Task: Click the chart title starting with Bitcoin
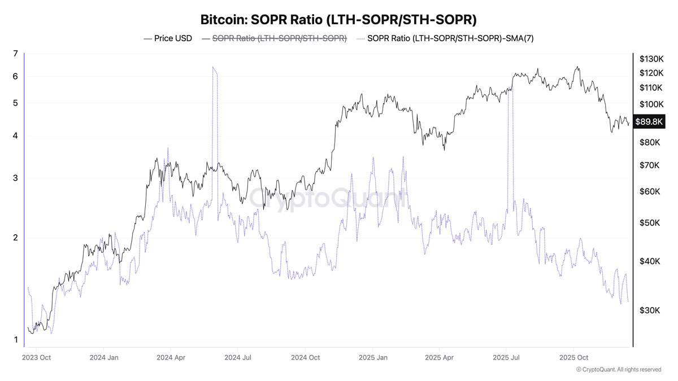(338, 20)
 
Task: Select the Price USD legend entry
(168, 38)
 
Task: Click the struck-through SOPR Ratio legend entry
(274, 38)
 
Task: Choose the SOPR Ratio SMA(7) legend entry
(445, 38)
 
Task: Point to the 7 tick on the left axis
(15, 54)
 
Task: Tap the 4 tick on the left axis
(15, 135)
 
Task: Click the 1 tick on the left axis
(16, 340)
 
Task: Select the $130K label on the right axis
(651, 59)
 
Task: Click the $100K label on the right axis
(651, 104)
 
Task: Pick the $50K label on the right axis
(650, 223)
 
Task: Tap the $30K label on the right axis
(650, 310)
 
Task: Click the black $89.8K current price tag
(649, 121)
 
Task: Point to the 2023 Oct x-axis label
(36, 357)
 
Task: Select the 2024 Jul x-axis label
(238, 357)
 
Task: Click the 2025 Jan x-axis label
(373, 357)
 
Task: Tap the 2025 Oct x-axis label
(573, 357)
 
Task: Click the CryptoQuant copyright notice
(618, 370)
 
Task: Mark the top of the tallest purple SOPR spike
(213, 67)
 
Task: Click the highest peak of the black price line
(577, 67)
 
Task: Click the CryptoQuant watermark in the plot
(328, 198)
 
